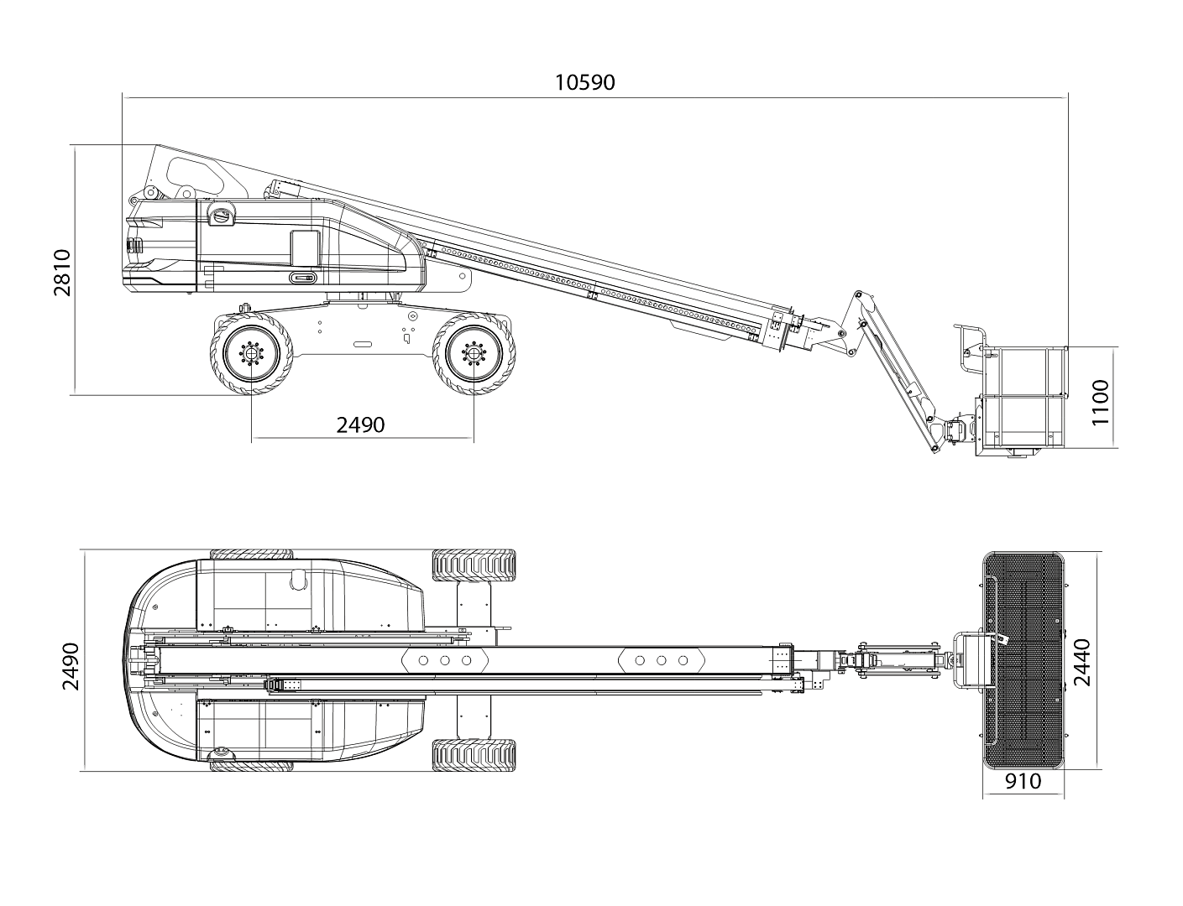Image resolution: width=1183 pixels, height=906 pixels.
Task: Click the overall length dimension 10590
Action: coord(584,82)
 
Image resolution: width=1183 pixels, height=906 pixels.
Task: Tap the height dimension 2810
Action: coord(63,272)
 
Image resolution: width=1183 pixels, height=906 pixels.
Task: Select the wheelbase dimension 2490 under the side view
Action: coord(360,424)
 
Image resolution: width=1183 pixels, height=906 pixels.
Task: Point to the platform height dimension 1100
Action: coord(1100,402)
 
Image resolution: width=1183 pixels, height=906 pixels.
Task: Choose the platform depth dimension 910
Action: coord(1022,781)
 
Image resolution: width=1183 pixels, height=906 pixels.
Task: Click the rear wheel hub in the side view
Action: coord(251,354)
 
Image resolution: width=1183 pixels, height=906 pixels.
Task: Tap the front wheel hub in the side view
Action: coord(474,354)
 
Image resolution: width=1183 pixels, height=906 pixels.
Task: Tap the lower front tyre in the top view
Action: coord(474,755)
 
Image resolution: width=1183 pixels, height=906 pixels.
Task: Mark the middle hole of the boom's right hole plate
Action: coord(661,660)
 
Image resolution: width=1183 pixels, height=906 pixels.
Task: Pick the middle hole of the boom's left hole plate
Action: coord(445,660)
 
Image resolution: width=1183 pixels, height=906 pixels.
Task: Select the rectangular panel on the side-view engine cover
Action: coord(305,248)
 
